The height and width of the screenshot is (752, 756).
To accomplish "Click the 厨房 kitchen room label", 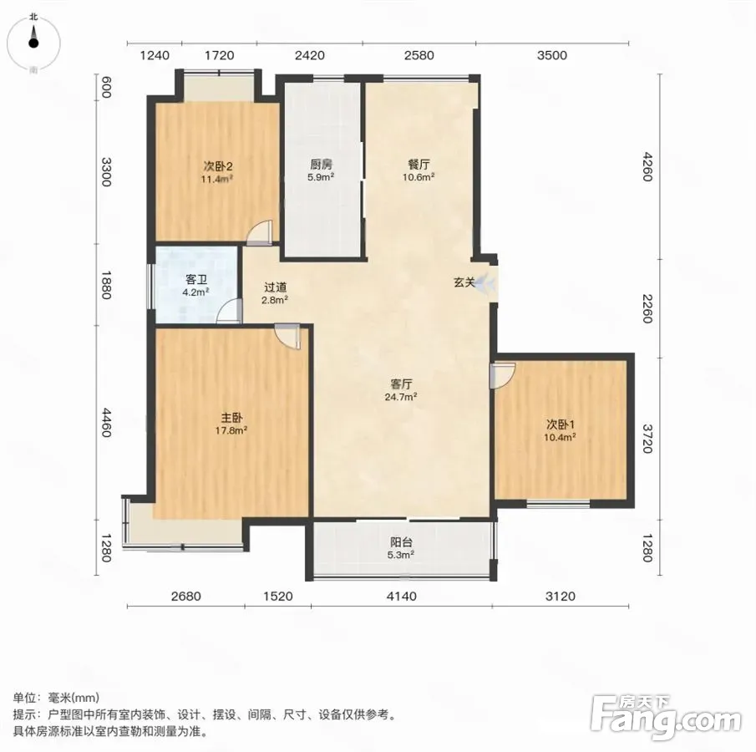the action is (x=321, y=165).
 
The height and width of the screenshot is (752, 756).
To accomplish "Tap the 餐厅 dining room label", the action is (x=419, y=165).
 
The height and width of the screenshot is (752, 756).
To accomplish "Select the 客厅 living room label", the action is (x=401, y=384).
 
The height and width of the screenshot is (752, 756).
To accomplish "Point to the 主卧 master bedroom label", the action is (x=231, y=418).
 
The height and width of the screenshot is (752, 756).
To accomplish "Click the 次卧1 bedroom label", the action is (x=561, y=425).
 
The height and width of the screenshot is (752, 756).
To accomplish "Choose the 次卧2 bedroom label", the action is (x=217, y=167).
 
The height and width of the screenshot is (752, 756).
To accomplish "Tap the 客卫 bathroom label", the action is (x=196, y=280).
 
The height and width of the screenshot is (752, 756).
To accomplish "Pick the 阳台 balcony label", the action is (x=401, y=542).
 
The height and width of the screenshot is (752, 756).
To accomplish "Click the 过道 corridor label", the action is (x=276, y=287).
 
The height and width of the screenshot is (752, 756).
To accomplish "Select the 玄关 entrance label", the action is (x=464, y=282).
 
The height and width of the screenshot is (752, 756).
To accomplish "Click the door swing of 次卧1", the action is (x=502, y=376).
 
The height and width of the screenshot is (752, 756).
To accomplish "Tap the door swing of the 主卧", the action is (x=287, y=336).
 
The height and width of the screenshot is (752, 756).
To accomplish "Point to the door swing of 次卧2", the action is (x=260, y=231).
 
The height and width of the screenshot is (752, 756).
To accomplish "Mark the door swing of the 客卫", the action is (x=229, y=311).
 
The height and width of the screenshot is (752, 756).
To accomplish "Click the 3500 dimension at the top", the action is (x=552, y=55).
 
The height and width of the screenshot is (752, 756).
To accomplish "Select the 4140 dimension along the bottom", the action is (x=402, y=597).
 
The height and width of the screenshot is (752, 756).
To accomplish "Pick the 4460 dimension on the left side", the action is (x=107, y=423).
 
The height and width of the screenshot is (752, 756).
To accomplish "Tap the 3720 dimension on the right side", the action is (x=647, y=439).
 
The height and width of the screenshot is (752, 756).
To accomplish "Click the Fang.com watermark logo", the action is (x=666, y=718).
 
